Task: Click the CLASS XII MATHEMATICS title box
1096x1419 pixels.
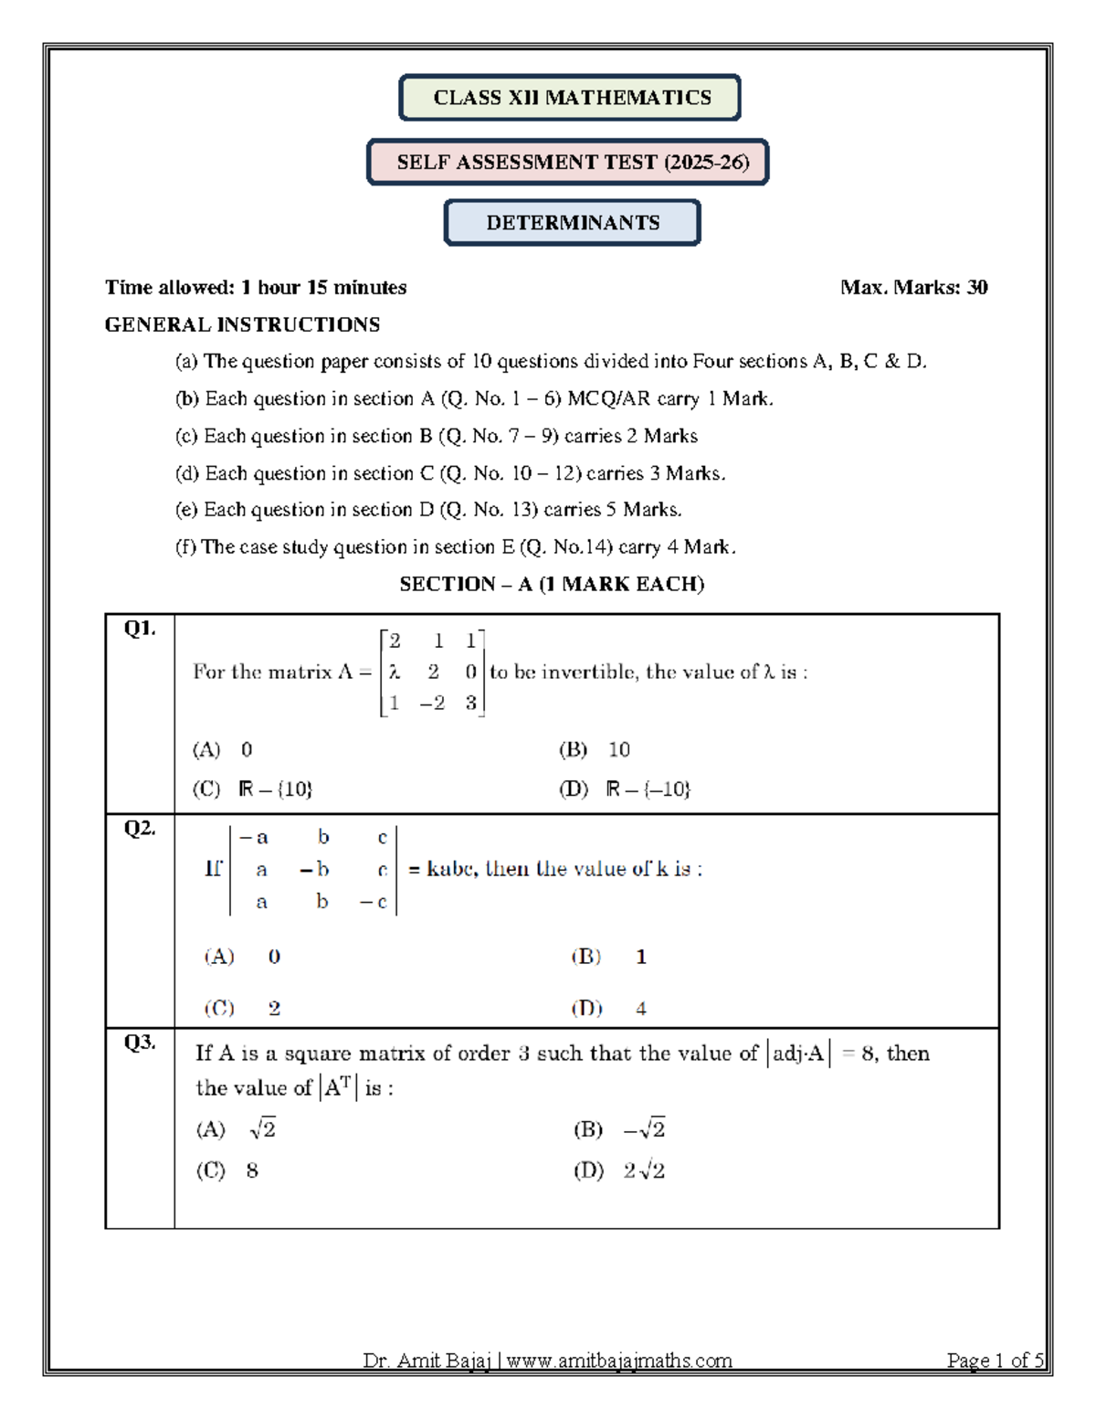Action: click(570, 98)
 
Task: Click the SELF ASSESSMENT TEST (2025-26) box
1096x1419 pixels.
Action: click(568, 163)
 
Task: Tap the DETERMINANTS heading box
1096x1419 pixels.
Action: click(573, 223)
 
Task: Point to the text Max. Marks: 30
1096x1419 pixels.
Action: click(913, 288)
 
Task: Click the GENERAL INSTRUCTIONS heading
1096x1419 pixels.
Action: click(242, 324)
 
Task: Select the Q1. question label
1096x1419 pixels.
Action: click(140, 629)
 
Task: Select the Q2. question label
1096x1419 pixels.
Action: click(140, 829)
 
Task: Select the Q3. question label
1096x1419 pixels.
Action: click(140, 1043)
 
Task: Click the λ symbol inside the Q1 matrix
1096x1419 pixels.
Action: click(394, 672)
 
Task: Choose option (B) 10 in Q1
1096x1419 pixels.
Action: click(595, 750)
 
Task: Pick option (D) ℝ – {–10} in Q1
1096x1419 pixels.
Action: click(626, 789)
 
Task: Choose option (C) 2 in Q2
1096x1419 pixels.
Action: click(242, 1008)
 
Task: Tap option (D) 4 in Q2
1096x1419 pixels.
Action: click(609, 1008)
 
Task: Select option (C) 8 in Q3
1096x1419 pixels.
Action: click(227, 1170)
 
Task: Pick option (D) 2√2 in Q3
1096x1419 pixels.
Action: click(619, 1170)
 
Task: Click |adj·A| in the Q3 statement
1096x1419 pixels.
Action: click(798, 1054)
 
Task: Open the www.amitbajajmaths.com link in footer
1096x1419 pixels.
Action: click(619, 1361)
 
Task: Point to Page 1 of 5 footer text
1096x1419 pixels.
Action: click(995, 1361)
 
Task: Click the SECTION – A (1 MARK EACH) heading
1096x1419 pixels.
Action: click(552, 585)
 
